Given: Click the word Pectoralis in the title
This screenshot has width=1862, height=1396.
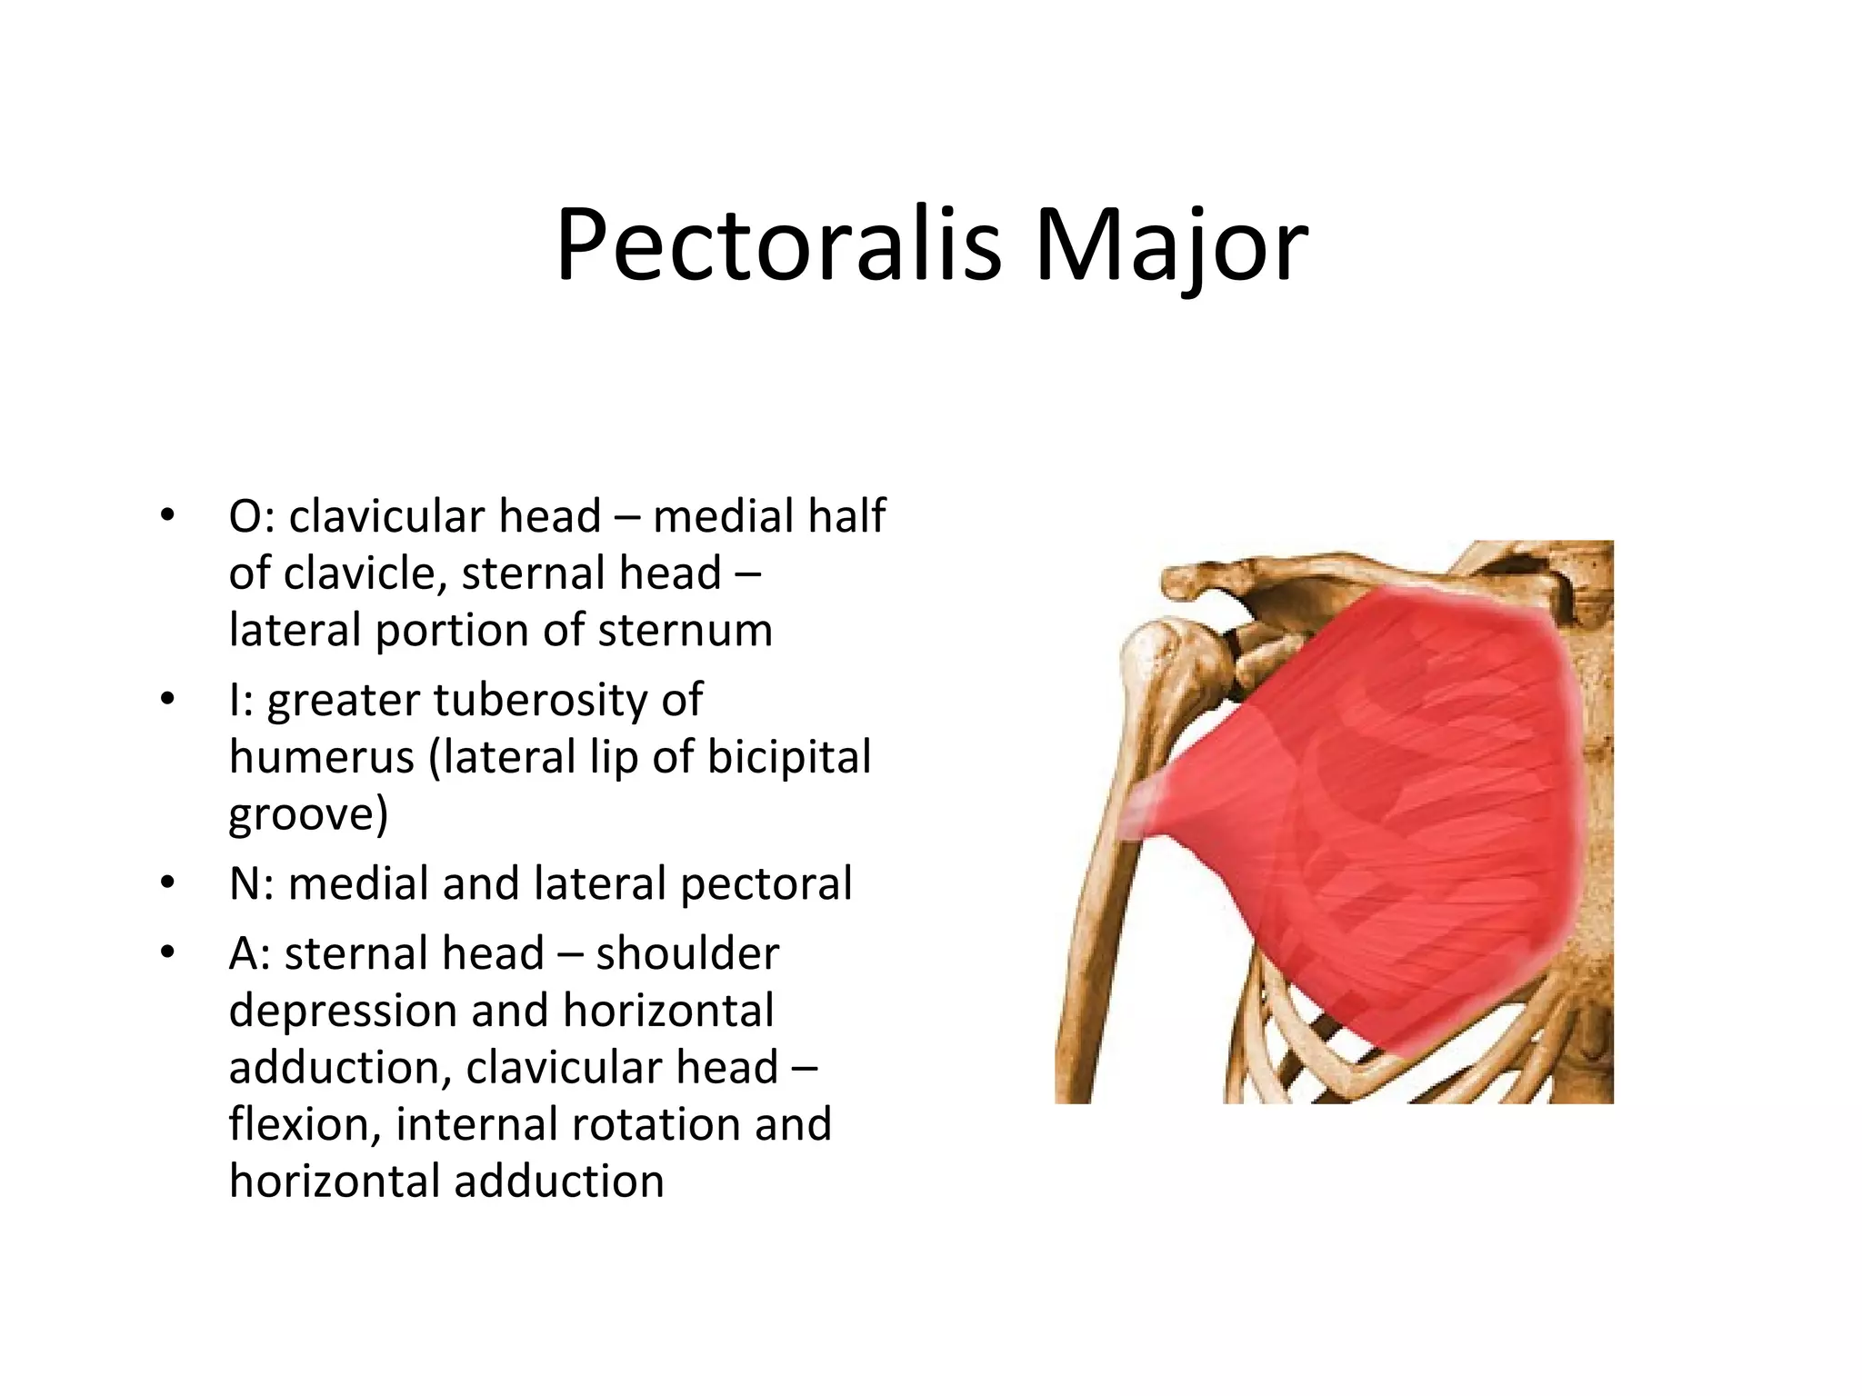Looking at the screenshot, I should [x=778, y=246].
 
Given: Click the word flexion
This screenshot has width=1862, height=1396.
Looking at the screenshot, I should [x=304, y=1124].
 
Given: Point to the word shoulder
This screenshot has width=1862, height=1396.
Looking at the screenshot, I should [x=687, y=954].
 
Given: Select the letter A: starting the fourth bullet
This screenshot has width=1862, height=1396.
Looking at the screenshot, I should [x=249, y=954].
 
